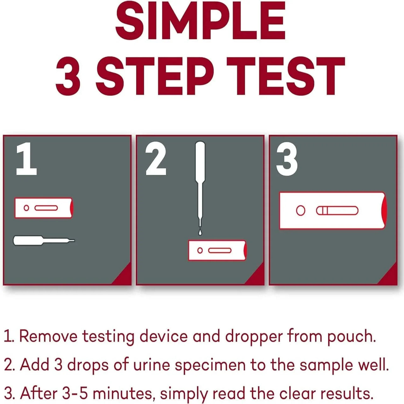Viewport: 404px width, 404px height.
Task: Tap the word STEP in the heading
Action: (x=155, y=76)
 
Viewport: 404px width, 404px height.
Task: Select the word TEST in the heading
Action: (x=285, y=76)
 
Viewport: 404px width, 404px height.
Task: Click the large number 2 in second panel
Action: (x=156, y=159)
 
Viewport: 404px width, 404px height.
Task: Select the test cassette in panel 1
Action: (x=44, y=208)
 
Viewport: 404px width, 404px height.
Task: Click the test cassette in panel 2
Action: (x=217, y=250)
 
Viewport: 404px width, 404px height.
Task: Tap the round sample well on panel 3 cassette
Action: (x=301, y=210)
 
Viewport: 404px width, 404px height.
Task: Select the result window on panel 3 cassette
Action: (x=337, y=210)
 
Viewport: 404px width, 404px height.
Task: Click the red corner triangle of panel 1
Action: (x=124, y=277)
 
